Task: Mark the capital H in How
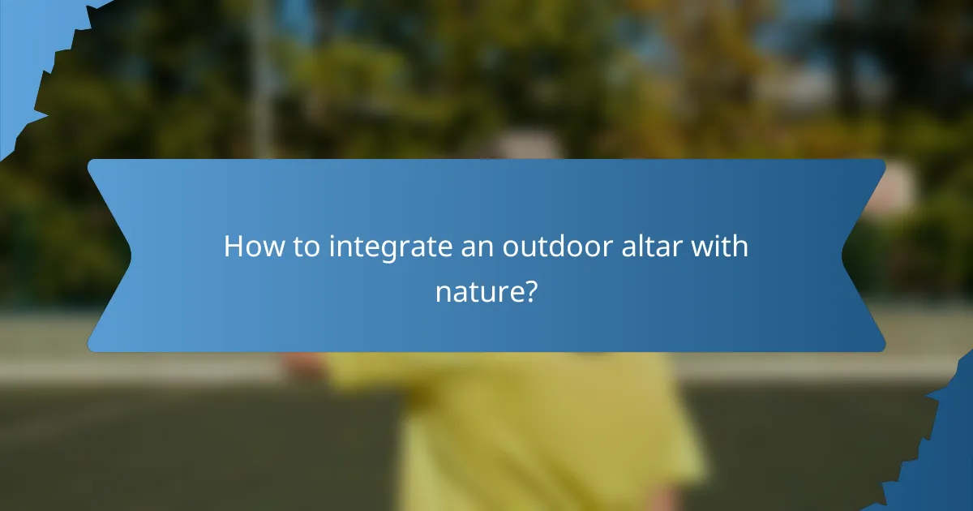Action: (x=234, y=247)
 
